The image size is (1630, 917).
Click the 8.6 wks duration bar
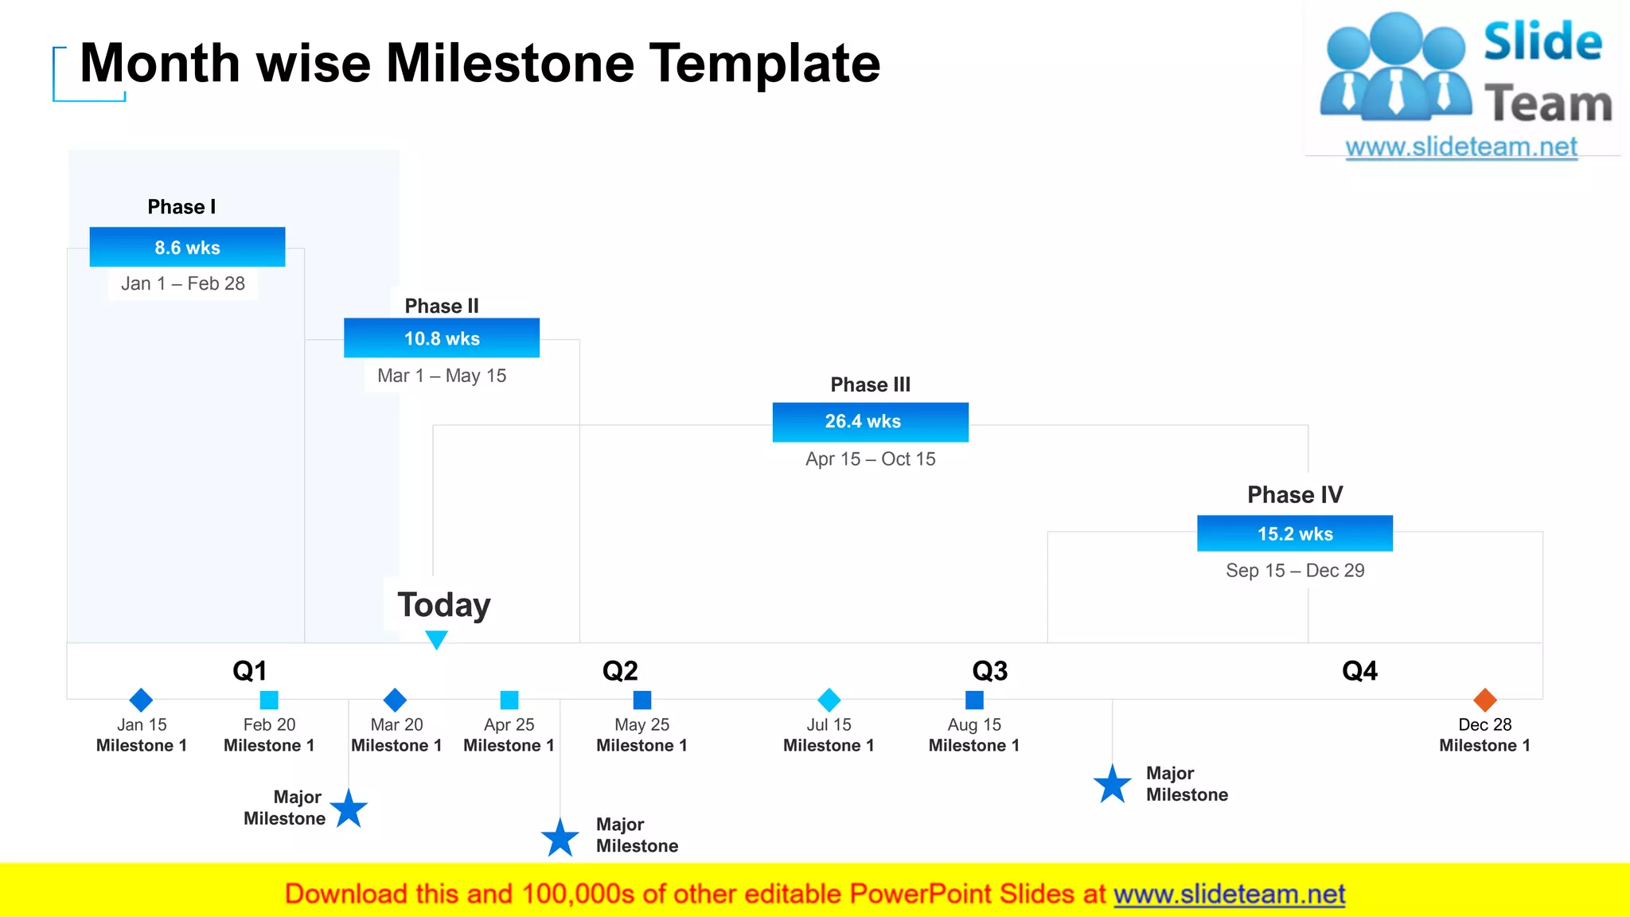[187, 247]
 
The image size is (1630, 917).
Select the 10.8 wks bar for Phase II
[442, 338]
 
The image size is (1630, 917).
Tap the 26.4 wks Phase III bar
[870, 422]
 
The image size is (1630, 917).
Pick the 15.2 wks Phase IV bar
[1295, 533]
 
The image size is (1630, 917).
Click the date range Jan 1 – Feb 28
[183, 283]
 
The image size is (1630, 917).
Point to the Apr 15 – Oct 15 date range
[870, 459]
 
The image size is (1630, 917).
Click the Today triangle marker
[436, 639]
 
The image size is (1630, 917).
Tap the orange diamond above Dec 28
[1485, 700]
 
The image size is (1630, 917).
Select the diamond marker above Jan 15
[141, 700]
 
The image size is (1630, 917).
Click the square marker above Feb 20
[269, 700]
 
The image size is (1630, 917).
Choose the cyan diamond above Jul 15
[829, 700]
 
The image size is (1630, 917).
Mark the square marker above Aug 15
[974, 700]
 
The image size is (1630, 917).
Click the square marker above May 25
[642, 700]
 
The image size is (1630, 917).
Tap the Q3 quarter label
[990, 671]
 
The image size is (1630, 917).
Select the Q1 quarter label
[250, 671]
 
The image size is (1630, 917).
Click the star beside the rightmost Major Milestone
[1113, 785]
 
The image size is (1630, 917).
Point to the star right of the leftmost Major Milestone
[349, 810]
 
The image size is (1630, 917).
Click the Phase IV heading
[1295, 494]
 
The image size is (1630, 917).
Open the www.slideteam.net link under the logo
[1461, 147]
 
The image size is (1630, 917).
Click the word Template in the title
[765, 63]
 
